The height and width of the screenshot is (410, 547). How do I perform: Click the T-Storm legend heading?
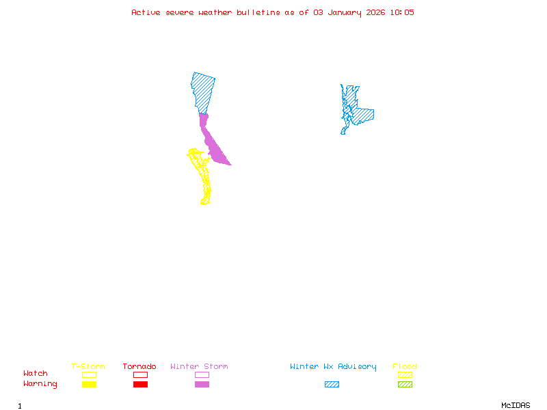point(88,367)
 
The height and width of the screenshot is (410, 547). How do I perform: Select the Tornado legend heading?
point(139,367)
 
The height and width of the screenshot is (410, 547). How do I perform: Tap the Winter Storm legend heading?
point(199,367)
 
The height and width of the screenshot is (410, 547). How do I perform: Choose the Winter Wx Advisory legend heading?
point(333,367)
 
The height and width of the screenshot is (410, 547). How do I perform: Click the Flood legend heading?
point(405,367)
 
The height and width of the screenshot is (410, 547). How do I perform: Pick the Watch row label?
point(36,374)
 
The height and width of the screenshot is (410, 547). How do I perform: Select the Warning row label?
point(40,384)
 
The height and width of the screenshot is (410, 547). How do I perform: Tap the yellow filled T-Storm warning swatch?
point(89,385)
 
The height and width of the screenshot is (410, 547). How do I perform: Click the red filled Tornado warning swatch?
point(140,385)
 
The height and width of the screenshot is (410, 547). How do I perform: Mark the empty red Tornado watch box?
point(140,374)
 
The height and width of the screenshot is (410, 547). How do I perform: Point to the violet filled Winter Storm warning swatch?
point(202,385)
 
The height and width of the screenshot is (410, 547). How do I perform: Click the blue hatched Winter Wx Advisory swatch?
point(332,385)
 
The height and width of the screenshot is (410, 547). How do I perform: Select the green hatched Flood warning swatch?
point(405,385)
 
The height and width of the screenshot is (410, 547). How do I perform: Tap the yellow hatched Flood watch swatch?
point(405,374)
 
